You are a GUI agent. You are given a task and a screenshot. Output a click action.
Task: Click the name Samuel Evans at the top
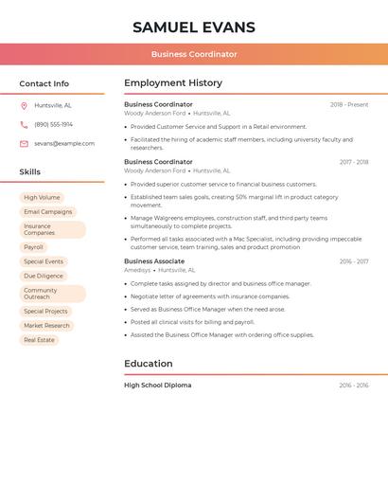pyautogui.click(x=193, y=27)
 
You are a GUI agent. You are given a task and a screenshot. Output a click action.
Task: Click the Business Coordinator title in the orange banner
pyautogui.click(x=193, y=54)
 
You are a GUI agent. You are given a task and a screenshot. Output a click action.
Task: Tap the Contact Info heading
pyautogui.click(x=44, y=83)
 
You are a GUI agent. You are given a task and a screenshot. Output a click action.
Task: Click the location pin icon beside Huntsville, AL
pyautogui.click(x=24, y=105)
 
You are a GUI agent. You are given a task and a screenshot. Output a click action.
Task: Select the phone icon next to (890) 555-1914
pyautogui.click(x=24, y=124)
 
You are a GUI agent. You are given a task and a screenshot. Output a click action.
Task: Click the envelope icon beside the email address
pyautogui.click(x=24, y=143)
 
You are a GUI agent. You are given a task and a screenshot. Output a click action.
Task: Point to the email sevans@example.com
pyautogui.click(x=64, y=143)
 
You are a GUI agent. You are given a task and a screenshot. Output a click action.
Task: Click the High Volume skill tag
pyautogui.click(x=42, y=197)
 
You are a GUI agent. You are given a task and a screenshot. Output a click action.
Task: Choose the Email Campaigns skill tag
pyautogui.click(x=47, y=212)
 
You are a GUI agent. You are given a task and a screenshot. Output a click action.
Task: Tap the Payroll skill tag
pyautogui.click(x=34, y=247)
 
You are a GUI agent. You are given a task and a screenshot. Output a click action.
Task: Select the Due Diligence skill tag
pyautogui.click(x=43, y=276)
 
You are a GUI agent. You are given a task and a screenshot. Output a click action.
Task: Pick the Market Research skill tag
pyautogui.click(x=46, y=325)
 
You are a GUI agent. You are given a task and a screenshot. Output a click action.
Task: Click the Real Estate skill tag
pyautogui.click(x=39, y=339)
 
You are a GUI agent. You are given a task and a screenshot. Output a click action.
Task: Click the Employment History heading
pyautogui.click(x=173, y=83)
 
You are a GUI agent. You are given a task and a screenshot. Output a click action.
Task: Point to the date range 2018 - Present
pyautogui.click(x=349, y=105)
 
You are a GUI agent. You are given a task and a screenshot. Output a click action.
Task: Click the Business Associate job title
pyautogui.click(x=154, y=260)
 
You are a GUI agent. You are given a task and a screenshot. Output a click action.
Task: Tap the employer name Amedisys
pyautogui.click(x=137, y=270)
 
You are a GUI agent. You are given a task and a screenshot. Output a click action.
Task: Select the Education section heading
pyautogui.click(x=149, y=364)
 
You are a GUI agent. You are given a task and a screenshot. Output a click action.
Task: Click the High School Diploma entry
pyautogui.click(x=158, y=385)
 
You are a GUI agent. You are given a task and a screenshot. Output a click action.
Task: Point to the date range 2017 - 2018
pyautogui.click(x=354, y=162)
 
